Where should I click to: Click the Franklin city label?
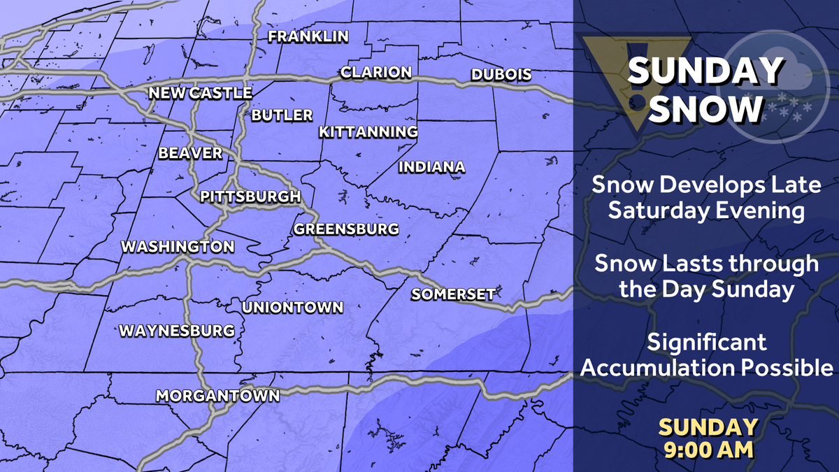click(308, 37)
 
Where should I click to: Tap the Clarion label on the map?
click(375, 72)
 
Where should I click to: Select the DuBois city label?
click(501, 74)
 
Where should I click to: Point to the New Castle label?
click(200, 93)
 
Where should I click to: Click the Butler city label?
click(282, 115)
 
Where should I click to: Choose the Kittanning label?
click(368, 131)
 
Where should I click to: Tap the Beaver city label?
click(190, 153)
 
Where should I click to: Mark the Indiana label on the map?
click(431, 167)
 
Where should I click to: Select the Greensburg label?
click(346, 229)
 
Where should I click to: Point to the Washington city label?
click(178, 247)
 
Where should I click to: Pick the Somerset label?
click(453, 294)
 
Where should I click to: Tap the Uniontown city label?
click(292, 308)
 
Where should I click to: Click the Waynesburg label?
click(176, 331)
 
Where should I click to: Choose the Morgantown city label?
click(217, 396)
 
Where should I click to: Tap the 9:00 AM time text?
click(708, 448)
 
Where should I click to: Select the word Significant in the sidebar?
click(707, 343)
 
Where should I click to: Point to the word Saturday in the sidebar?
click(652, 211)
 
